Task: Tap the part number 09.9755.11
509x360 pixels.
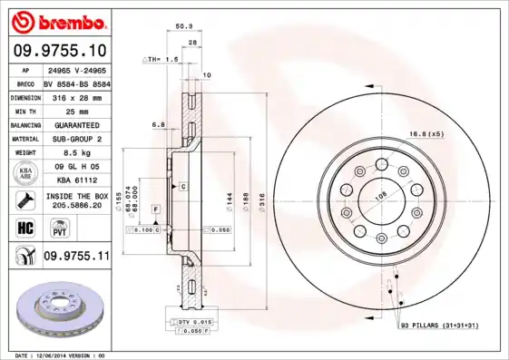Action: pyautogui.click(x=76, y=257)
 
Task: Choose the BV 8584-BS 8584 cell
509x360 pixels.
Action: pyautogui.click(x=75, y=83)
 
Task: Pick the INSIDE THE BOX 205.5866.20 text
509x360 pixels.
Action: pyautogui.click(x=75, y=200)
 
